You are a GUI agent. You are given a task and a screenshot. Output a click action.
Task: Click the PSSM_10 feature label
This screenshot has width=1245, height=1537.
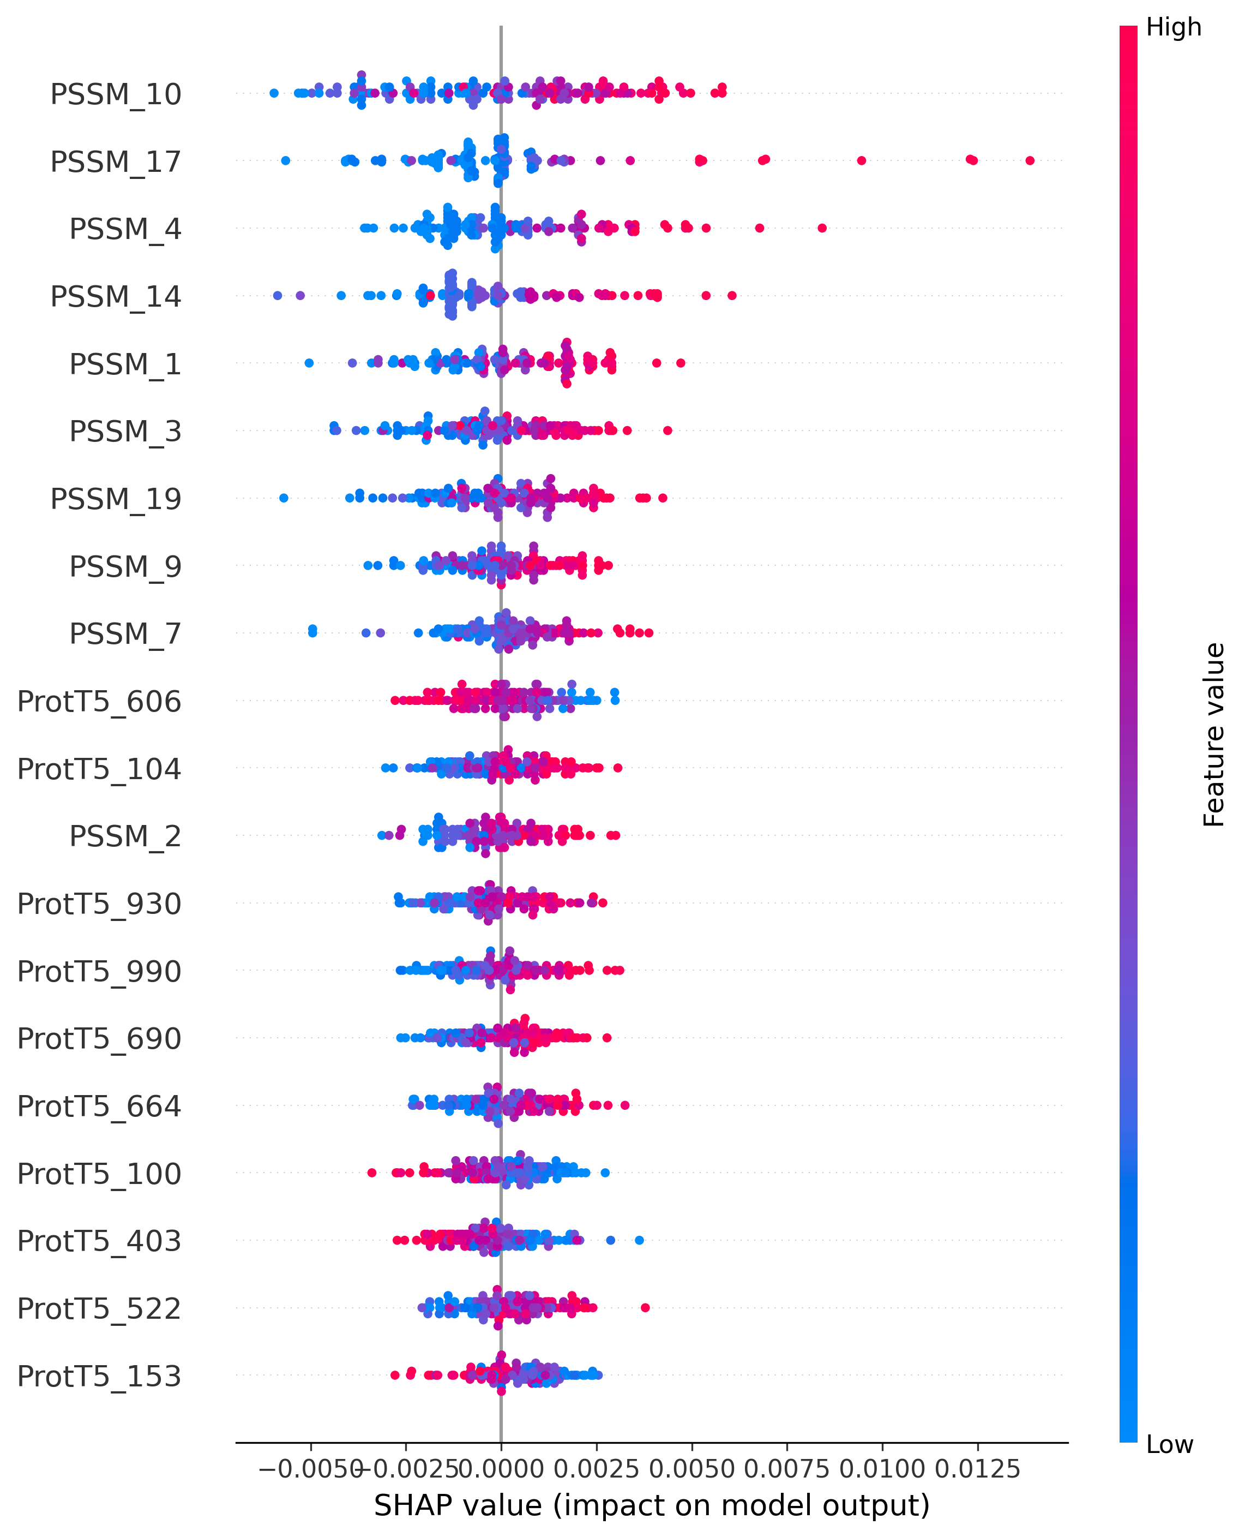116,94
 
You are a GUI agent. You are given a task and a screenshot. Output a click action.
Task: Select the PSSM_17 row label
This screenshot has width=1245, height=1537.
116,162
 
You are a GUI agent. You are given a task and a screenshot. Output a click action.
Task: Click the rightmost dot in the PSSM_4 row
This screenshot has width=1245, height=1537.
822,228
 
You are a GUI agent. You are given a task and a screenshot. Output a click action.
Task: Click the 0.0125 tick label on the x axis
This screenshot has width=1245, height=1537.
977,1469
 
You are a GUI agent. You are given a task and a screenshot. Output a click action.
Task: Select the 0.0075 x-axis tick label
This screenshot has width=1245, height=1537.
787,1469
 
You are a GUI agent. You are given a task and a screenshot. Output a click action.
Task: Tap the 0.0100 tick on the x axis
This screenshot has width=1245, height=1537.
882,1469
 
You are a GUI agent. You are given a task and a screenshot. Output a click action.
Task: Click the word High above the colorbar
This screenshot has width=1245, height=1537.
1173,27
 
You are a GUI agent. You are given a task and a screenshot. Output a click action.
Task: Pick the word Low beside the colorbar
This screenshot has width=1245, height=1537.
1169,1444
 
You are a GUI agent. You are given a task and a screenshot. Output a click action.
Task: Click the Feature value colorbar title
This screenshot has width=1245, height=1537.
1213,734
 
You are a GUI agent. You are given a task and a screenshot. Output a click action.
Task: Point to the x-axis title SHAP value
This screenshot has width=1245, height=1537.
651,1505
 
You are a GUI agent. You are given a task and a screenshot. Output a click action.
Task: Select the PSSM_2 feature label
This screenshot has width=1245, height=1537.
125,836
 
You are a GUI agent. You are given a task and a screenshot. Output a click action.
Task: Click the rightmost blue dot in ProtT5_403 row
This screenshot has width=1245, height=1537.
639,1240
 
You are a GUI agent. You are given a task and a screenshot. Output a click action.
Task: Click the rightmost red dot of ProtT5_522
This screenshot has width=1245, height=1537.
645,1307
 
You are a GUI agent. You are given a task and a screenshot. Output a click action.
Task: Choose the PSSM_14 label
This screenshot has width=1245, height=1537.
116,296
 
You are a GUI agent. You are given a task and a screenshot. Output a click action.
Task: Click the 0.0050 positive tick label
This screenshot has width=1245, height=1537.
692,1469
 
